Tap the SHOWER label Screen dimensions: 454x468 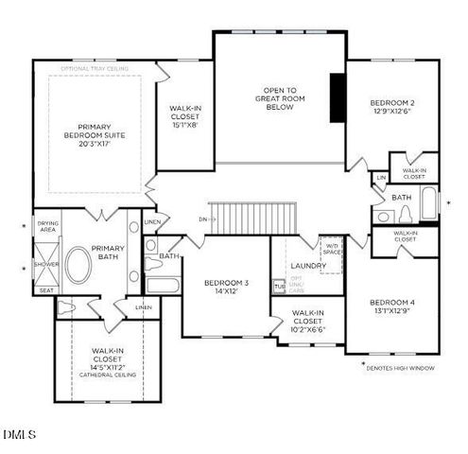click(x=46, y=265)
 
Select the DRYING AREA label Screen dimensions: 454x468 click(x=47, y=227)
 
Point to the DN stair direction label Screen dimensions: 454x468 click(x=202, y=219)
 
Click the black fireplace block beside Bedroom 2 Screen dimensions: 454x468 click(x=338, y=96)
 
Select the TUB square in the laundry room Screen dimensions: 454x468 click(x=279, y=286)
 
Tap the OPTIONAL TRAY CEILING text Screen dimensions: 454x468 click(x=95, y=69)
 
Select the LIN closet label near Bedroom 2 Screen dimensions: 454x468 click(x=381, y=178)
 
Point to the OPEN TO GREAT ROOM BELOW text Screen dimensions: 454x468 click(x=279, y=99)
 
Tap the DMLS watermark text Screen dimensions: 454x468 click(x=19, y=434)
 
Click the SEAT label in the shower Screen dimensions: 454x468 click(x=46, y=290)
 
